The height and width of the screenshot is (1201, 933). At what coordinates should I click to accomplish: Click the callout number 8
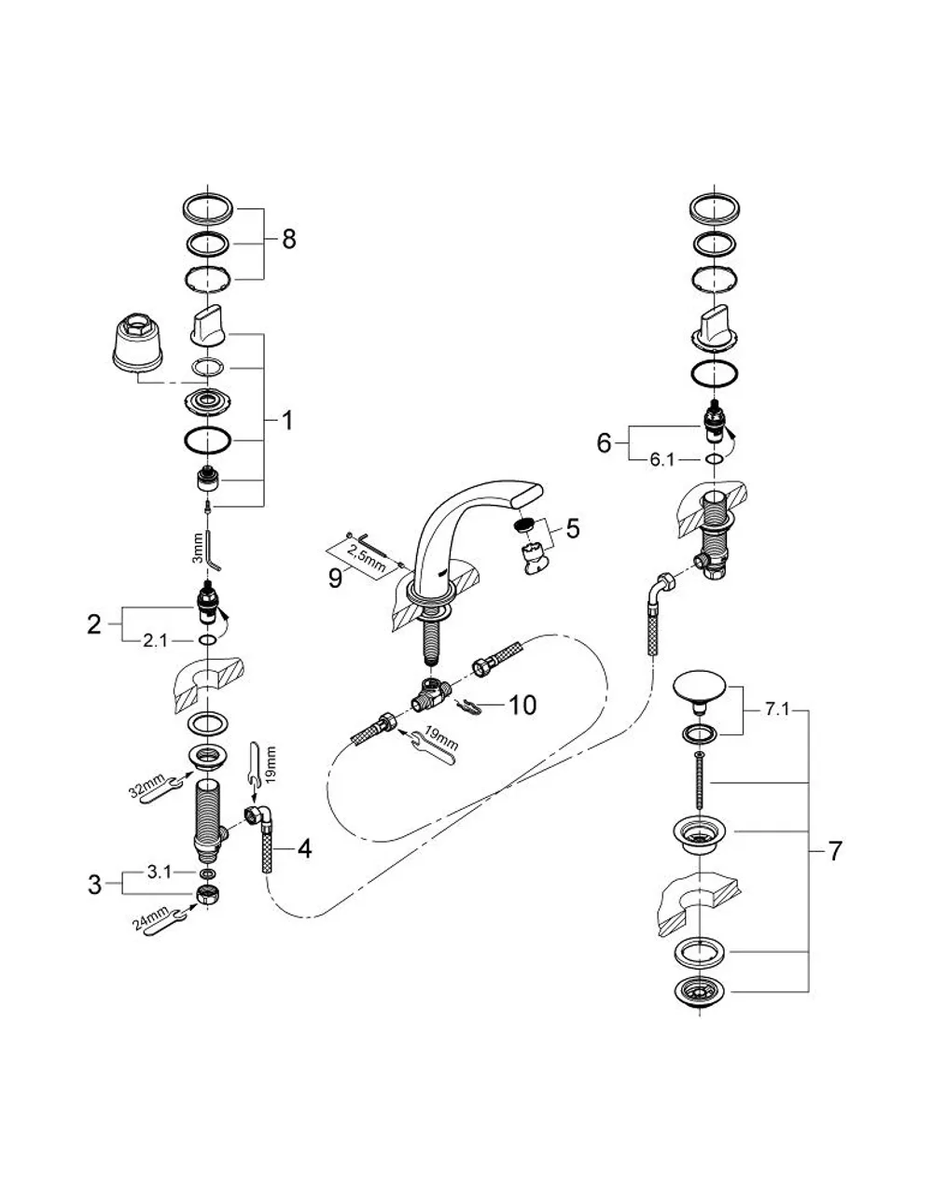point(288,239)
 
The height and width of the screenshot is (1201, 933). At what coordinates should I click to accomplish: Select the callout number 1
point(286,421)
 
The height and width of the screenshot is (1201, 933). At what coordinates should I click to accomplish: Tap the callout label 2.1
point(155,640)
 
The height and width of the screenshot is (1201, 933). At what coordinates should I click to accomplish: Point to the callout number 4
point(304,848)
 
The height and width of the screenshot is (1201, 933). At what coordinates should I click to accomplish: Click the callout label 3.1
point(160,872)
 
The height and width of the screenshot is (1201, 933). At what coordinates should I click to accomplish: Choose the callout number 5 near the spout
point(573,528)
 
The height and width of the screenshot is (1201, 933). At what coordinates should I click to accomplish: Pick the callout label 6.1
point(661,459)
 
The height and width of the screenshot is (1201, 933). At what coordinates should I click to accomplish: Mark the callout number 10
point(522,705)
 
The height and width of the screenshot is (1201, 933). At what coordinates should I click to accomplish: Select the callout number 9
point(335,579)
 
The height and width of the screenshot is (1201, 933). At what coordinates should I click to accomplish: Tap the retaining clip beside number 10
point(468,705)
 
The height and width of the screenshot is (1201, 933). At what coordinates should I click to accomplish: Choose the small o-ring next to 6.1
point(714,459)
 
